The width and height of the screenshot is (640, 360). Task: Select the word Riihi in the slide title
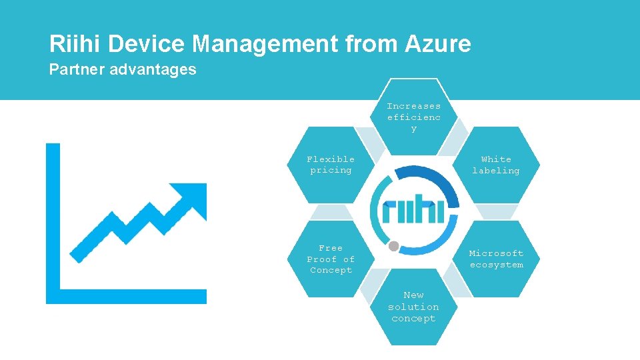75,45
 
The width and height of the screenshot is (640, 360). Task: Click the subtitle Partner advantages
123,69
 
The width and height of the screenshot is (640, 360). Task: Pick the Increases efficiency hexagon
413,117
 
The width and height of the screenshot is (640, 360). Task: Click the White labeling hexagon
496,165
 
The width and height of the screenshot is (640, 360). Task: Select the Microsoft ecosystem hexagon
496,259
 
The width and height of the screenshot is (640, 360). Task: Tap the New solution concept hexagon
413,307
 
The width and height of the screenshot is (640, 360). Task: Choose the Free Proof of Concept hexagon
331,259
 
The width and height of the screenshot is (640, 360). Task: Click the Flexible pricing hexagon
331,165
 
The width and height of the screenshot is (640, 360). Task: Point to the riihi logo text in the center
413,211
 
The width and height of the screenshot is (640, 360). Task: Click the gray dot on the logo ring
394,246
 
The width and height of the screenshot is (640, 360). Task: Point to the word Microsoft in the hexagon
496,253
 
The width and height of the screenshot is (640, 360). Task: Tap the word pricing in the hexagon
331,171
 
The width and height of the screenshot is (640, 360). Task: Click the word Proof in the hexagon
321,259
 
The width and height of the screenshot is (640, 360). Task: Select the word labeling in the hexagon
496,171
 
